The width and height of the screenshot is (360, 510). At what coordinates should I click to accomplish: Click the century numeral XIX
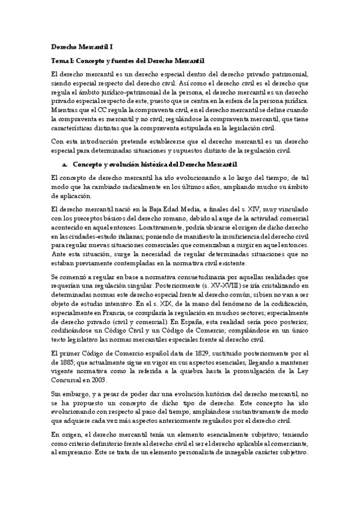tap(166, 304)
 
